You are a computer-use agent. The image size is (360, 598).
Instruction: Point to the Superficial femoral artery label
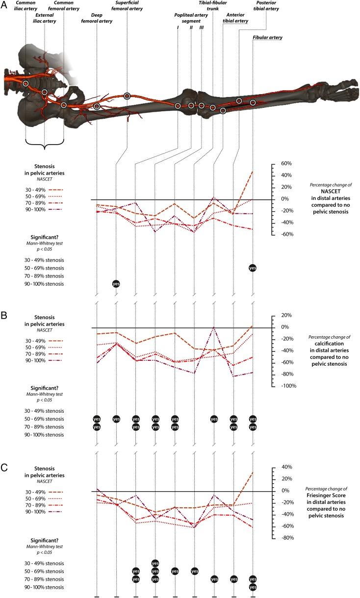point(127,8)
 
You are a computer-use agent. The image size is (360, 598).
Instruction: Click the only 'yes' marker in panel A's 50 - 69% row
point(253,268)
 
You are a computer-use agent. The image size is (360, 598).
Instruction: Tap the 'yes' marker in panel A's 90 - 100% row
point(116,284)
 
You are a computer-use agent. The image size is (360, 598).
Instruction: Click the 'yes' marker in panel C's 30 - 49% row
point(155,563)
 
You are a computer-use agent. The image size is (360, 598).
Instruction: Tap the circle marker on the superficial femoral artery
point(127,96)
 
